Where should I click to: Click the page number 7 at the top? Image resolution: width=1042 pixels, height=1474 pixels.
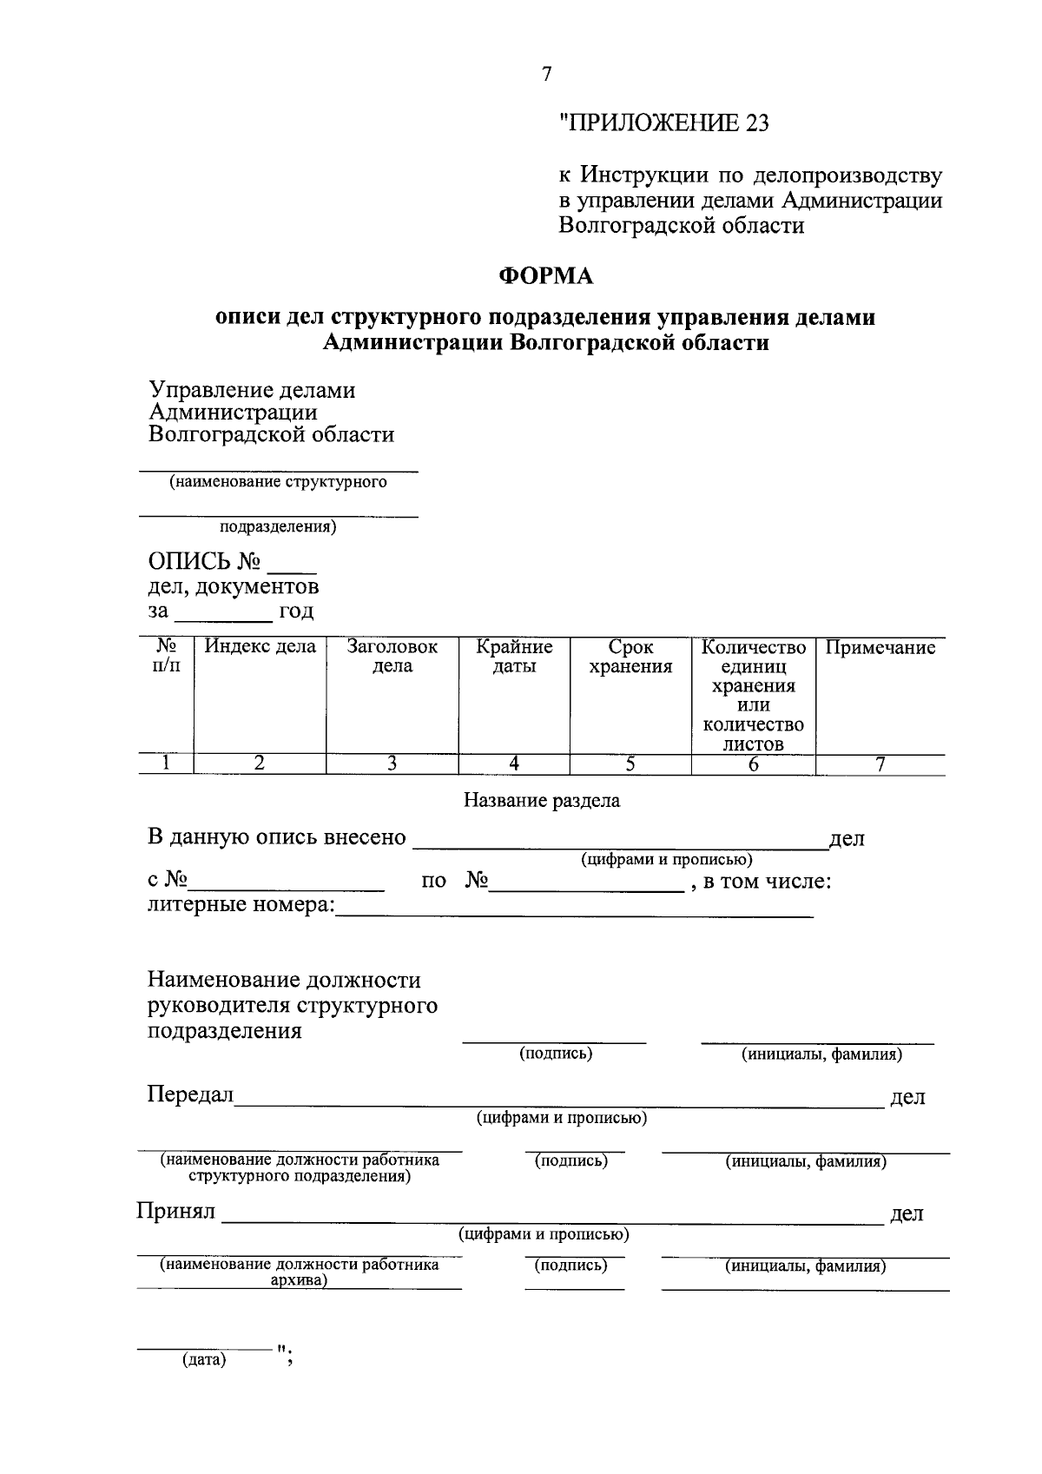(546, 75)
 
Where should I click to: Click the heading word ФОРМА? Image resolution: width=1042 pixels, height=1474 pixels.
(545, 276)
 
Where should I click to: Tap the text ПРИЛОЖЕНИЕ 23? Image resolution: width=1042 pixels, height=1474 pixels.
(665, 123)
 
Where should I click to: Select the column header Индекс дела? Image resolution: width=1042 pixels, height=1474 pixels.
(260, 647)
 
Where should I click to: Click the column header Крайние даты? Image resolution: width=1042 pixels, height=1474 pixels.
(514, 657)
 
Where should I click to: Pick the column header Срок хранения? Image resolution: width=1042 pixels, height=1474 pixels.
(630, 657)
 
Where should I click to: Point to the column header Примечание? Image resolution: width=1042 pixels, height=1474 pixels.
(880, 647)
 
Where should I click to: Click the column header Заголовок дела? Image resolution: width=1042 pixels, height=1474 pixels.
(392, 657)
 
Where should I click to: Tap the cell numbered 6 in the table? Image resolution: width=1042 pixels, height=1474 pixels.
(753, 764)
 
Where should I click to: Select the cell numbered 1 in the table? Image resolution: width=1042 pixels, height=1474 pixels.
(165, 763)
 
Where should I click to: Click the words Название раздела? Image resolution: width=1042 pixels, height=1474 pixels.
(542, 801)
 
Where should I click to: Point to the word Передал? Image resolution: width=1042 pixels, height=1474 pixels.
(190, 1095)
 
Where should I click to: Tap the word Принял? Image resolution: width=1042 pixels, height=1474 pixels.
(175, 1212)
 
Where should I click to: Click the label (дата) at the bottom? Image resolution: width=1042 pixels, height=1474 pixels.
(203, 1359)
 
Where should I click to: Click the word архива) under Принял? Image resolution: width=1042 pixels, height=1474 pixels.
(298, 1280)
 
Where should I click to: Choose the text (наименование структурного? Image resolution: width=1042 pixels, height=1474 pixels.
(278, 482)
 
